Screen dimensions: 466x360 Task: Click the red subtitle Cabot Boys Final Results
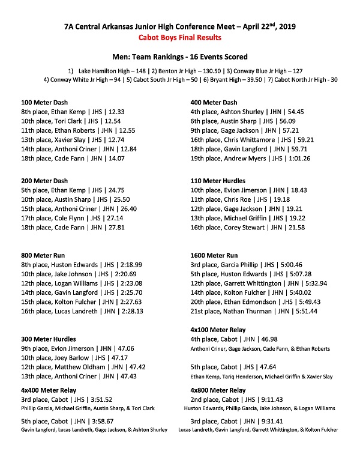[180, 37]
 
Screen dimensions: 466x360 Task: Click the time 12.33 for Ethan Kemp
[116, 112]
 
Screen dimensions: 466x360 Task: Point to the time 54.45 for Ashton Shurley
[295, 112]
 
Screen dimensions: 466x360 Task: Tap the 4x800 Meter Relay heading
[218, 390]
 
